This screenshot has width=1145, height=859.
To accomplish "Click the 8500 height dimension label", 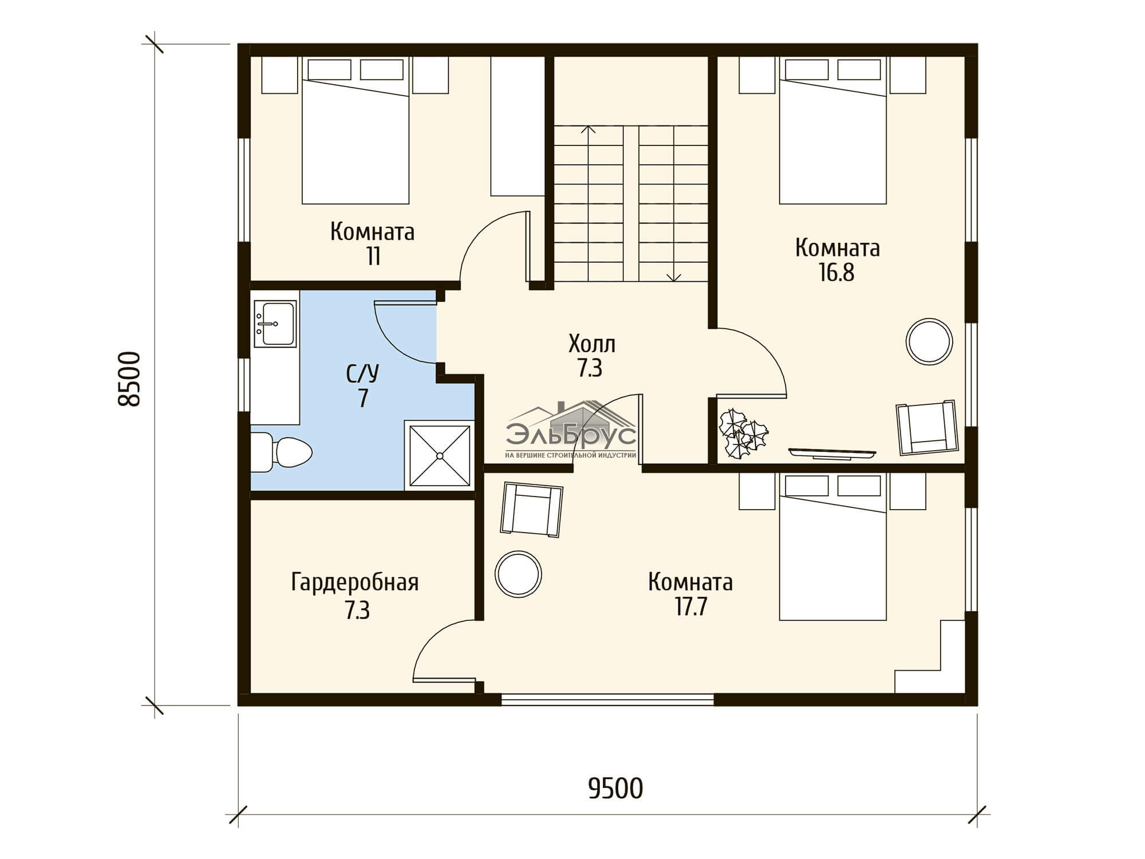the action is pyautogui.click(x=129, y=379).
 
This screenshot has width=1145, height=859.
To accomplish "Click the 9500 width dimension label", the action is pyautogui.click(x=615, y=789).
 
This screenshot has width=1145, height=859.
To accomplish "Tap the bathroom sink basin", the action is pyautogui.click(x=275, y=324).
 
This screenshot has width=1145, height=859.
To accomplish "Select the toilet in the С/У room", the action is pyautogui.click(x=281, y=452).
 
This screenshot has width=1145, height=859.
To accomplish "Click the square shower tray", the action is pyautogui.click(x=439, y=455).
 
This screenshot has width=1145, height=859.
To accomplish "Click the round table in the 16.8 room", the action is pyautogui.click(x=929, y=341).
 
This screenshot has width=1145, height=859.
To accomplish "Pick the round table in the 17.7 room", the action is pyautogui.click(x=518, y=574).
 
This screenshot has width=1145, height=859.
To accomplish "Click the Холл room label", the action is pyautogui.click(x=592, y=345).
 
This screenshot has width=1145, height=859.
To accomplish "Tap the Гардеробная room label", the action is pyautogui.click(x=355, y=582).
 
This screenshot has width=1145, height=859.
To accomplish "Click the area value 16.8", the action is pyautogui.click(x=836, y=273).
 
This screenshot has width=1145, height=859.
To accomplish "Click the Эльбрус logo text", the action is pyautogui.click(x=571, y=435).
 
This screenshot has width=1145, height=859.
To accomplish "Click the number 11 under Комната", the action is pyautogui.click(x=373, y=257).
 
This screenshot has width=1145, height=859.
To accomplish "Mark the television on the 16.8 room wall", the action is pyautogui.click(x=832, y=452).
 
